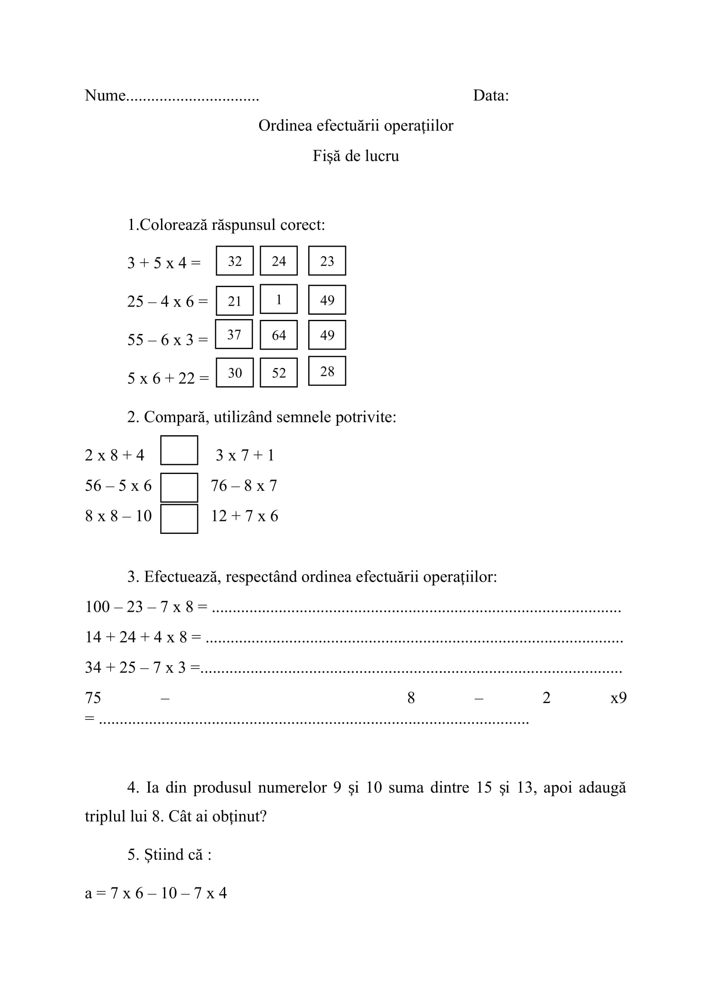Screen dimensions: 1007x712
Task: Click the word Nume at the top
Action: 105,96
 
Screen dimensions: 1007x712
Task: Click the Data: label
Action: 491,96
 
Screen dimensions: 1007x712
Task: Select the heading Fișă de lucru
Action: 356,156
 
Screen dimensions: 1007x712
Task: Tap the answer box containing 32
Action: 235,261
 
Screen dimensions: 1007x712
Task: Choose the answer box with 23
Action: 327,261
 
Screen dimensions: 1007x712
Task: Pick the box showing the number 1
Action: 279,300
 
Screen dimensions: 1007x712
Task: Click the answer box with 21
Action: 235,301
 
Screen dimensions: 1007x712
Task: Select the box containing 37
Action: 234,335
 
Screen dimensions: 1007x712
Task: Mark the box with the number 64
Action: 279,335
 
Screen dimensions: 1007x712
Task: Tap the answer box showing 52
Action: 279,373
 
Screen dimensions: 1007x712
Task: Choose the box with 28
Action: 327,372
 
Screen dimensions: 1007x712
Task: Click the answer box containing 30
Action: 235,373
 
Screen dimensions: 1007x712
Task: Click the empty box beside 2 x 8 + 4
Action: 179,450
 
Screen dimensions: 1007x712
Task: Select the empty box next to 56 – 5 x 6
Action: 179,487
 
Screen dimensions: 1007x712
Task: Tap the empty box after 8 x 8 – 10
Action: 179,519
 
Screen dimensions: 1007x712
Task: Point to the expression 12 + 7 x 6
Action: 245,516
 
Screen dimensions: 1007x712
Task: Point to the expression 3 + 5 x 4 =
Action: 164,263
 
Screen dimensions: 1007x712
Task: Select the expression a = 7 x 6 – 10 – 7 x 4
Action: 156,893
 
